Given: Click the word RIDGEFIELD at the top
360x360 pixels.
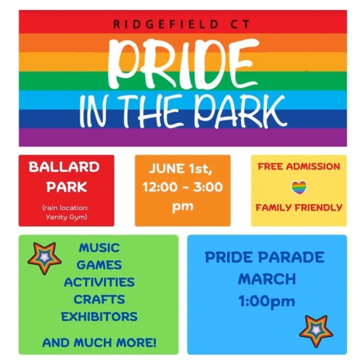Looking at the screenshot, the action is click(x=166, y=25).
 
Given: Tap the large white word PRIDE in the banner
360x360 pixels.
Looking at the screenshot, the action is click(x=183, y=65).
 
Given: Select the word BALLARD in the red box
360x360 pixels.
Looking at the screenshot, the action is click(x=64, y=167).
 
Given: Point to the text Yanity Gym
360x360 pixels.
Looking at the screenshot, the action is click(x=67, y=217).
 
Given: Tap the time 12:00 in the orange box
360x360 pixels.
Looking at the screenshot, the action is click(x=160, y=187).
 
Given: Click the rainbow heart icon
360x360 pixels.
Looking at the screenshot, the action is click(x=299, y=188).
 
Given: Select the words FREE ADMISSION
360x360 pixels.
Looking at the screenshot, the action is click(x=299, y=167).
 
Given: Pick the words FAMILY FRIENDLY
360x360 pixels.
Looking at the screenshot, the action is click(x=299, y=208).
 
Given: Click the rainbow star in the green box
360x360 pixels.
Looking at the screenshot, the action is click(x=44, y=258).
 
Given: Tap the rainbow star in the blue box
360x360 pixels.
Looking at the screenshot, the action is click(x=316, y=331).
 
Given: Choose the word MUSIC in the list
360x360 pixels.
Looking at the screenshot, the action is click(x=99, y=248).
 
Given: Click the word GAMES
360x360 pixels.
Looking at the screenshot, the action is click(x=99, y=265).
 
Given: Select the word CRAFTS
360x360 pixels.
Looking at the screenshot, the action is click(x=99, y=299).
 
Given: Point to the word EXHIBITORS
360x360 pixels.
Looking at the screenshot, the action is click(x=99, y=317).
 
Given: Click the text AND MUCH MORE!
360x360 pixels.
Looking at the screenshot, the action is click(x=100, y=343).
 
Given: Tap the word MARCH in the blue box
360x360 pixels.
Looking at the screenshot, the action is click(x=267, y=279).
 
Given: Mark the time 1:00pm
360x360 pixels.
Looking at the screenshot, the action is click(x=266, y=301).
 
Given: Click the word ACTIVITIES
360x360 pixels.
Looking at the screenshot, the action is click(x=99, y=282).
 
